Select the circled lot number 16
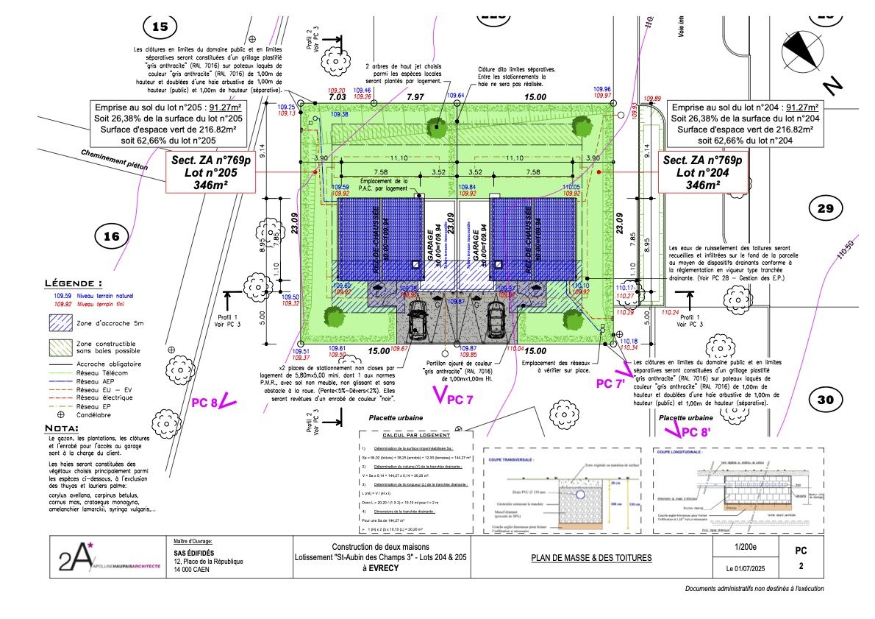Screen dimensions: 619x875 (111, 237)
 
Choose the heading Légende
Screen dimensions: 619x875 (74, 283)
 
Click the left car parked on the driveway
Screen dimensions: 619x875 (417, 317)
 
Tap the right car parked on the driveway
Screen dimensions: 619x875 (495, 317)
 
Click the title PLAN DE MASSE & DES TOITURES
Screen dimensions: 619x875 (591, 558)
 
